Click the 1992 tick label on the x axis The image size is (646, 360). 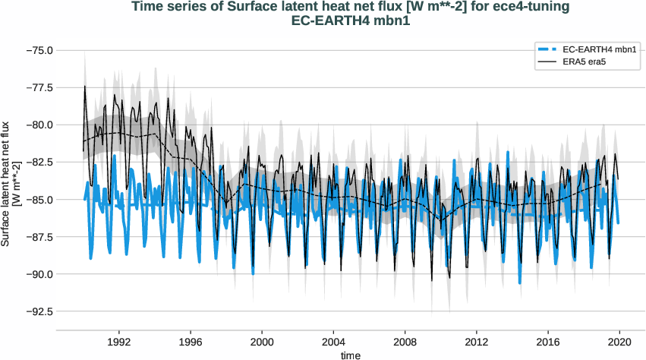(x=119, y=342)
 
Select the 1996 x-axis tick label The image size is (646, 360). (x=191, y=342)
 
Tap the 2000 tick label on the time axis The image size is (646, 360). (x=262, y=342)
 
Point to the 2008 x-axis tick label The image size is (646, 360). (x=405, y=342)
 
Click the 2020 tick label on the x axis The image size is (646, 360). (x=620, y=342)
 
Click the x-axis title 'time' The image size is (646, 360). (x=351, y=355)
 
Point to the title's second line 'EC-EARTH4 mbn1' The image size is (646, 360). (x=351, y=21)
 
